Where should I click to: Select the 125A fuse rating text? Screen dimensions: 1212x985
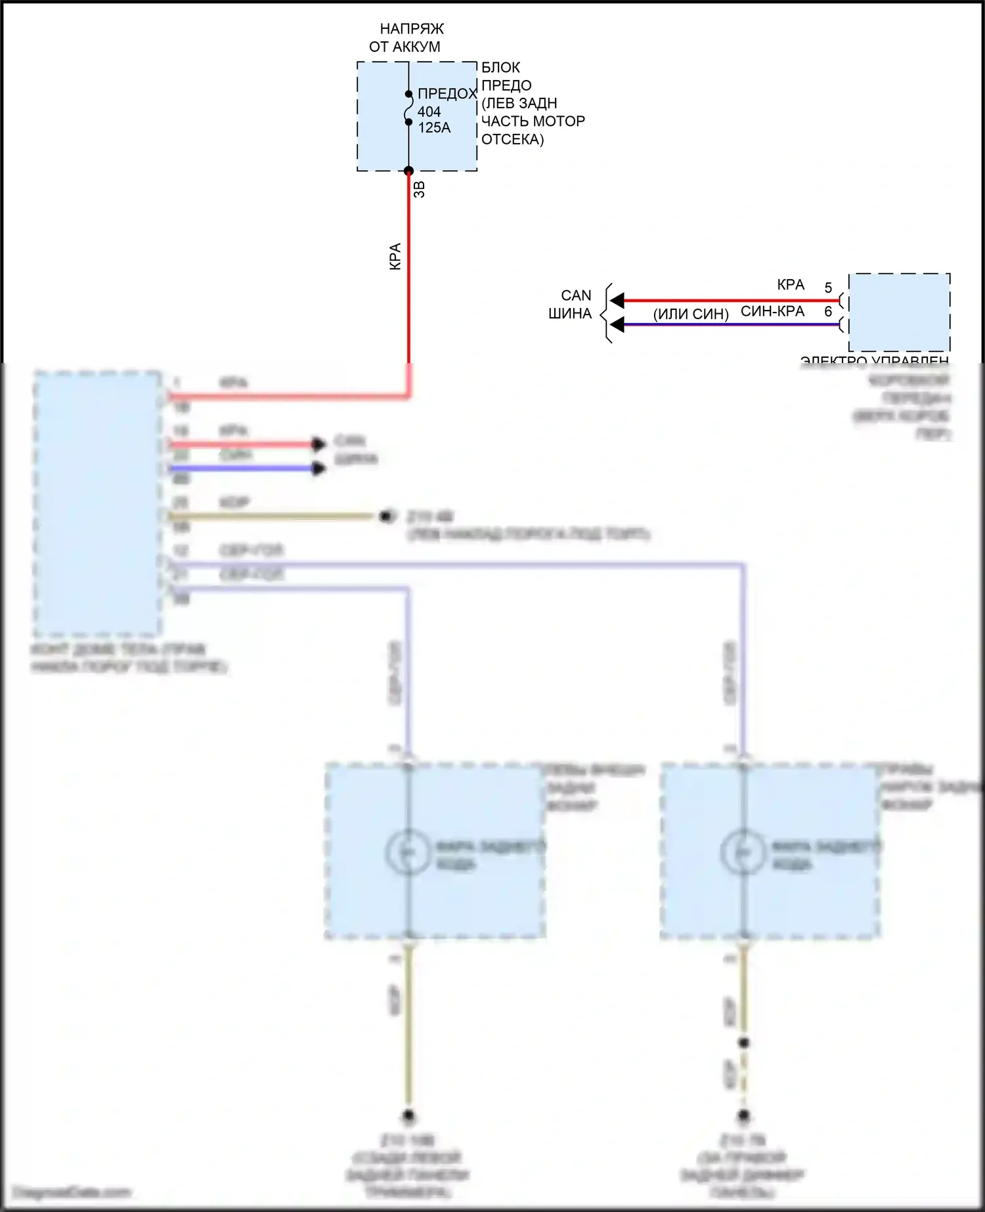point(434,128)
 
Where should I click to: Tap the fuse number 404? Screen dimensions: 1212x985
point(429,112)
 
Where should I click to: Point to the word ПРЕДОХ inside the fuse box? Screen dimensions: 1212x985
point(447,94)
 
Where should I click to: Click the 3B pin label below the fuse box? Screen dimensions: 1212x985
point(420,189)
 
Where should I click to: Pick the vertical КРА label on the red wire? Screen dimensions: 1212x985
point(395,256)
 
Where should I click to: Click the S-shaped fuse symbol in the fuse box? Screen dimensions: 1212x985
point(408,108)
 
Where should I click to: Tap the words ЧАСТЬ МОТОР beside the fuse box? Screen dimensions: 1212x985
point(533,121)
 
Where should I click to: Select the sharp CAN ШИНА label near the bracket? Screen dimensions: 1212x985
point(572,305)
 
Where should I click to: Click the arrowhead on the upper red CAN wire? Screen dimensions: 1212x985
point(617,301)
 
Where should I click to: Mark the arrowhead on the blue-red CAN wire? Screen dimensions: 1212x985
point(617,325)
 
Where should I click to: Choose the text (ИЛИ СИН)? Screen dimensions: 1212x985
point(691,314)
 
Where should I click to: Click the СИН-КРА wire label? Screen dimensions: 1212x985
point(772,311)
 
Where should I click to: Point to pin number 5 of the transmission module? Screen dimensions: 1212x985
point(828,288)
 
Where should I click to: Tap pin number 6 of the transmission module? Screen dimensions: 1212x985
point(828,312)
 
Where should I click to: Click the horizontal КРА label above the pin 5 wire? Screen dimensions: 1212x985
point(791,285)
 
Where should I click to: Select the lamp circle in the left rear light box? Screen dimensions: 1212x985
point(407,852)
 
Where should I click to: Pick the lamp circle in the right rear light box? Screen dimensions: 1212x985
point(743,852)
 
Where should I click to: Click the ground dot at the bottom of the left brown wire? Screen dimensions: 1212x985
point(408,1115)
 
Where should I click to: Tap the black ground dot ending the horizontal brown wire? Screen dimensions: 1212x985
point(387,517)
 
